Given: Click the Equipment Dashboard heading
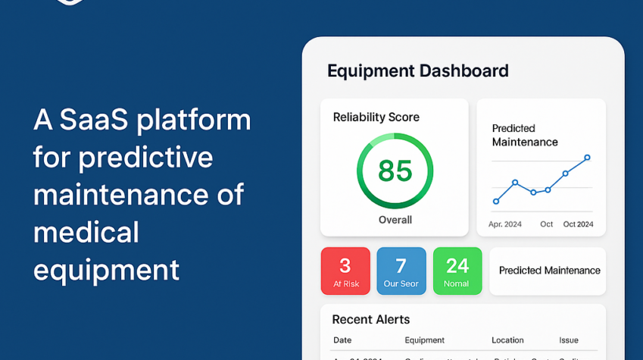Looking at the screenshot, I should (417, 71).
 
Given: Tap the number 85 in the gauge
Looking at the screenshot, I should (395, 171).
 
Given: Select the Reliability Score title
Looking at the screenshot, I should (376, 117).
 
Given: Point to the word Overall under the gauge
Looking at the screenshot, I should (395, 220).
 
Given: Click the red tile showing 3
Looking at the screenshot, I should (345, 271).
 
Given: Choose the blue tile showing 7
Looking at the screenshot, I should (401, 271).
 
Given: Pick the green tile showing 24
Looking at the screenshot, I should (457, 271).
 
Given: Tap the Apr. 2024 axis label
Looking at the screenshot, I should (506, 224).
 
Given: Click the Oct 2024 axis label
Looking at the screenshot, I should (578, 224).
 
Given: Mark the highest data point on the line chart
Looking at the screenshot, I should (587, 158).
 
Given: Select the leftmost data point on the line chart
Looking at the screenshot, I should (496, 201).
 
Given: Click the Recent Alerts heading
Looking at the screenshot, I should (370, 319).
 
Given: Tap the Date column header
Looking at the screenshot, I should (342, 340).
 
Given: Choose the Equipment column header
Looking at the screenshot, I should (424, 340).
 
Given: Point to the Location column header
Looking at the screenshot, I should (507, 340).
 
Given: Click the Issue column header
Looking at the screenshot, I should (569, 340).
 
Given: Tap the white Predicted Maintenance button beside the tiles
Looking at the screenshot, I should (548, 271).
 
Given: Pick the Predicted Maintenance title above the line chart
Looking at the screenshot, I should (524, 135).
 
